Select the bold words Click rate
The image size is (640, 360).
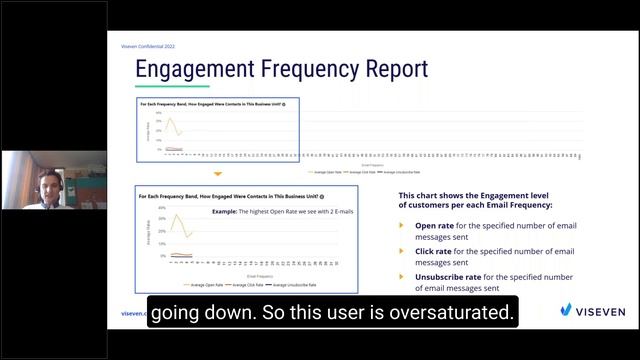pyautogui.click(x=436, y=251)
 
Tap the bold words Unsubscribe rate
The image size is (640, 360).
pyautogui.click(x=448, y=276)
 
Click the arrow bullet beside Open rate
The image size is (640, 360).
pyautogui.click(x=402, y=226)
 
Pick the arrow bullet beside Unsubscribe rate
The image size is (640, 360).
pyautogui.click(x=402, y=276)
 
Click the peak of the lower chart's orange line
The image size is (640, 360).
pyautogui.click(x=176, y=215)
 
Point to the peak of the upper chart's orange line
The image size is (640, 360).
pyautogui.click(x=169, y=118)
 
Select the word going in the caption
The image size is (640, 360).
pyautogui.click(x=181, y=313)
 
